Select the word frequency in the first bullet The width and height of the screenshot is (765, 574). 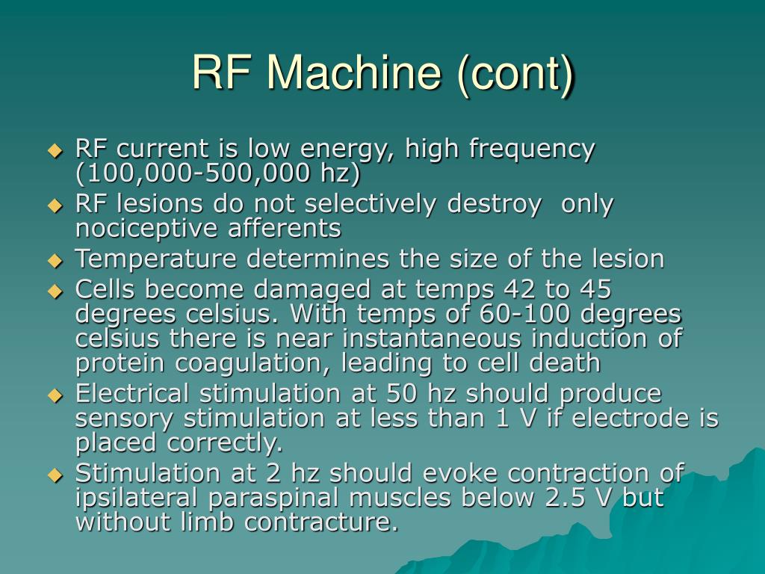[532, 149]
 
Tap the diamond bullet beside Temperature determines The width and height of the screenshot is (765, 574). [55, 261]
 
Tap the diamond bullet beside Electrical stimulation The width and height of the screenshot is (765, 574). [55, 395]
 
